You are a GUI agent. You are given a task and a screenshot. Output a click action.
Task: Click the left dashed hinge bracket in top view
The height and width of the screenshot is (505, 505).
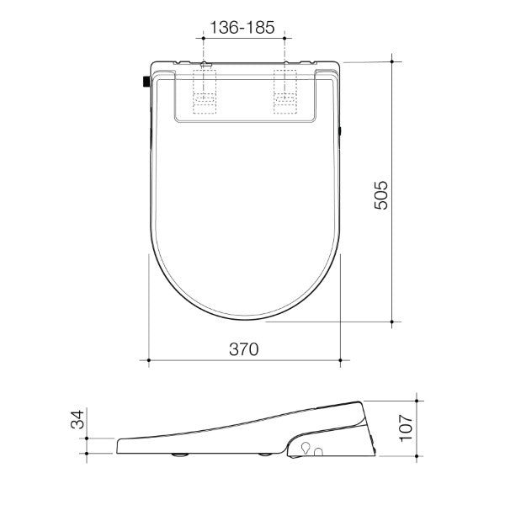[x=205, y=91]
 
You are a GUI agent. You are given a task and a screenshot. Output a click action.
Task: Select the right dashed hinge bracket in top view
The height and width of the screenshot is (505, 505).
[x=286, y=91]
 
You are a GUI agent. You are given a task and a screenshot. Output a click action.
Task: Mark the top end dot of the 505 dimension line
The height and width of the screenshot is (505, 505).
[x=394, y=59]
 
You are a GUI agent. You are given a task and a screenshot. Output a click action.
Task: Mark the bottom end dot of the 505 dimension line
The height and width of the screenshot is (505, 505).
[x=394, y=321]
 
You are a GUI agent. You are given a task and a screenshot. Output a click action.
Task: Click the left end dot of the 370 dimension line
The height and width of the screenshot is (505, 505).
[x=149, y=362]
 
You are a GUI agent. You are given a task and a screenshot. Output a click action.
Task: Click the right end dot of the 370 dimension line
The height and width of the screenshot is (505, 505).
[x=340, y=362]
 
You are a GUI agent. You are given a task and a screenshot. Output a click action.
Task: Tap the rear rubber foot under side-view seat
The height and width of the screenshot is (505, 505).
[x=268, y=455]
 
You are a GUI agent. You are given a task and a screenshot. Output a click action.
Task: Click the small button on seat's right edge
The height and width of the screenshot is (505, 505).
[x=340, y=131]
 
